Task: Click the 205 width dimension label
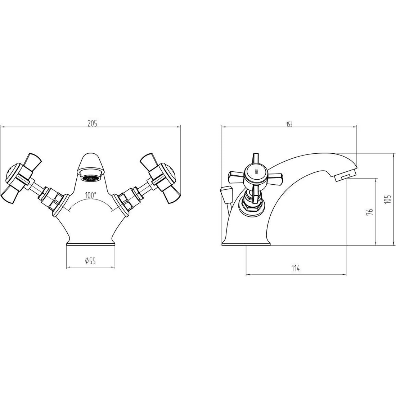[x=92, y=123]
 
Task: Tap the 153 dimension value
[x=289, y=124]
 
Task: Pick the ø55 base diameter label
[x=90, y=261]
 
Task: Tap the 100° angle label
[x=91, y=195]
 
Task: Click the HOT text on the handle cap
[x=256, y=171]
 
